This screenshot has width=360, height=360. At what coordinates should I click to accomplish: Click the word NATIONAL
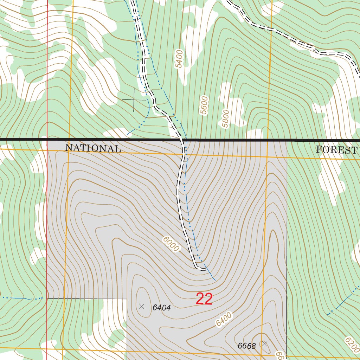pos(93,148)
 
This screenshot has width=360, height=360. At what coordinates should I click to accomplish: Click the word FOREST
pos(336,150)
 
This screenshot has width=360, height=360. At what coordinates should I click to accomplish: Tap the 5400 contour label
pos(180,59)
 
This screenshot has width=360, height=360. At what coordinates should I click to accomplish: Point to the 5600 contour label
pos(204,105)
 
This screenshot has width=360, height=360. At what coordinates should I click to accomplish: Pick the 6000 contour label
pos(171,244)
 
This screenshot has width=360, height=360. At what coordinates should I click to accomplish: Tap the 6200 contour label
pos(352,345)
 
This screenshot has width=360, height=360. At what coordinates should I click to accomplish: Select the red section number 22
pos(204,299)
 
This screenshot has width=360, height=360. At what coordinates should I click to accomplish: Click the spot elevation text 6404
pos(161,308)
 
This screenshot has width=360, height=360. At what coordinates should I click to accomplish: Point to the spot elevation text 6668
pos(246,346)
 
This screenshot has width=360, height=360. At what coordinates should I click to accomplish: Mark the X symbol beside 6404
pos(142,306)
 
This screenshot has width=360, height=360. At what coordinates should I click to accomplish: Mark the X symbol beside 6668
pos(265,343)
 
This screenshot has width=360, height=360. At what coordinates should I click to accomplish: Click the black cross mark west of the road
pos(134,100)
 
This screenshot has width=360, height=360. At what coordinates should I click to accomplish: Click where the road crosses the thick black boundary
pos(183,140)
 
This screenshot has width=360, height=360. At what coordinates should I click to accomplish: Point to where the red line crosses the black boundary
pos(47,140)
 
